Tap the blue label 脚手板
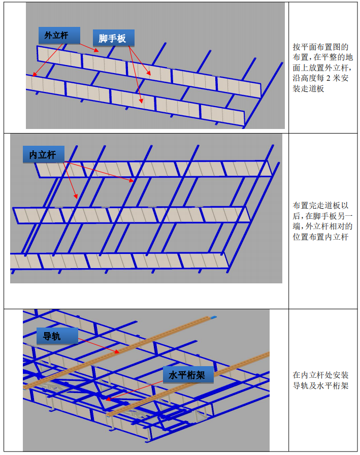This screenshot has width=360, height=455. [113, 38]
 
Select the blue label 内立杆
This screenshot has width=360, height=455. [44, 154]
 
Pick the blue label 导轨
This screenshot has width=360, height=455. [57, 336]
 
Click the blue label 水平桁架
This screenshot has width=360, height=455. [188, 375]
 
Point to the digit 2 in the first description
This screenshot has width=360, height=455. [329, 78]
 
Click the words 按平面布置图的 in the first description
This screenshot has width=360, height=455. [320, 47]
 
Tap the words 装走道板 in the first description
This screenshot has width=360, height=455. [308, 88]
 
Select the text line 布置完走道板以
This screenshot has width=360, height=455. [320, 206]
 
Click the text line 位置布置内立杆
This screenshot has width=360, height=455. [320, 237]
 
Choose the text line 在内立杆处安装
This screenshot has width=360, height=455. [320, 375]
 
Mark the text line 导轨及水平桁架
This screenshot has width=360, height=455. [320, 385]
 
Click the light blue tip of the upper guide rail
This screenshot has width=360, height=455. [213, 317]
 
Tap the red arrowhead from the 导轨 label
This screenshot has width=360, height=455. [117, 352]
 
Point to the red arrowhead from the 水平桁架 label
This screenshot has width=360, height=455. [108, 399]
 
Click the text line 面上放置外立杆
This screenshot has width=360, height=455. [322, 68]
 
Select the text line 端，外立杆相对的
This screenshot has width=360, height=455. [322, 226]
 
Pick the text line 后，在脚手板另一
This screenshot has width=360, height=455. [322, 216]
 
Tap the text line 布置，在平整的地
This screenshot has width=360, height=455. [322, 57]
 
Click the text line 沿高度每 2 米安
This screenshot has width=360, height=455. [320, 78]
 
